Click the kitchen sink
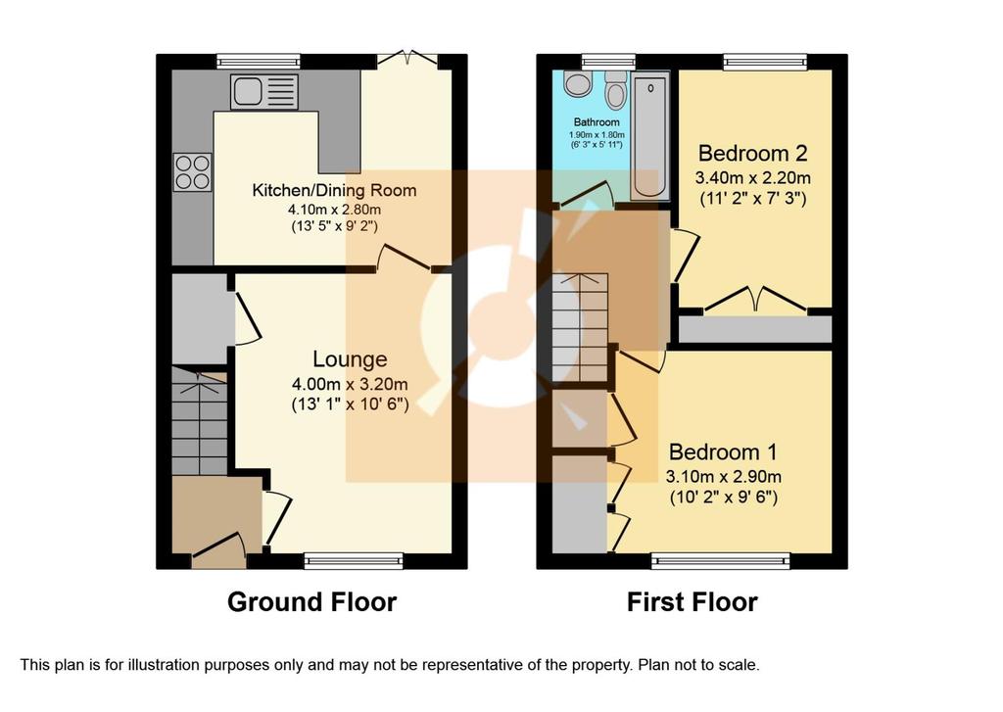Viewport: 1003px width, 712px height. [264, 91]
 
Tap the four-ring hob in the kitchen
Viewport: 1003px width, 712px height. [193, 172]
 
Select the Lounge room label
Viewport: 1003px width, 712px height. [350, 359]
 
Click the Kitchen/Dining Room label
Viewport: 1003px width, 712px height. [334, 190]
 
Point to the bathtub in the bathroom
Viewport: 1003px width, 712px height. [650, 135]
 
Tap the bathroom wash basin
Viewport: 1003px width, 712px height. [578, 84]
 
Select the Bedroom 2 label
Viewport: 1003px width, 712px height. [752, 154]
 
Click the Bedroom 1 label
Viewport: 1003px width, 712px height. [723, 452]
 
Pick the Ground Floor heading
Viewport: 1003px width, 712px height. [312, 602]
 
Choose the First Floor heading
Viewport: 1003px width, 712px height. [693, 602]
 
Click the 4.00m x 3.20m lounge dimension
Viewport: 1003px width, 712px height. [350, 385]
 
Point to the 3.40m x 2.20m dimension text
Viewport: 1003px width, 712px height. [753, 178]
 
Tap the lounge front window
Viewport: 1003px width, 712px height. [354, 561]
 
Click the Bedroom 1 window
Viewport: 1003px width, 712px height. [721, 561]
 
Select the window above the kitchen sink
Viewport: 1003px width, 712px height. [259, 62]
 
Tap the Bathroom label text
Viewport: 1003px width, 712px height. [597, 122]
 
